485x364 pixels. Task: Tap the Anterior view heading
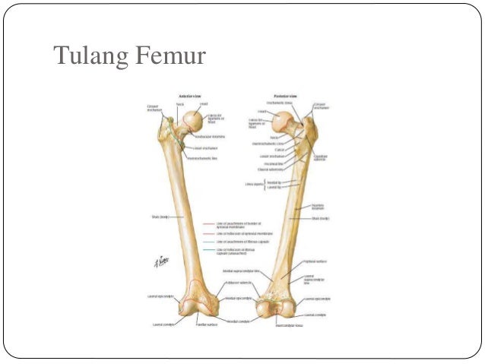[x=189, y=97]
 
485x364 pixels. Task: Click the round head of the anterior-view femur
[x=194, y=119]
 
